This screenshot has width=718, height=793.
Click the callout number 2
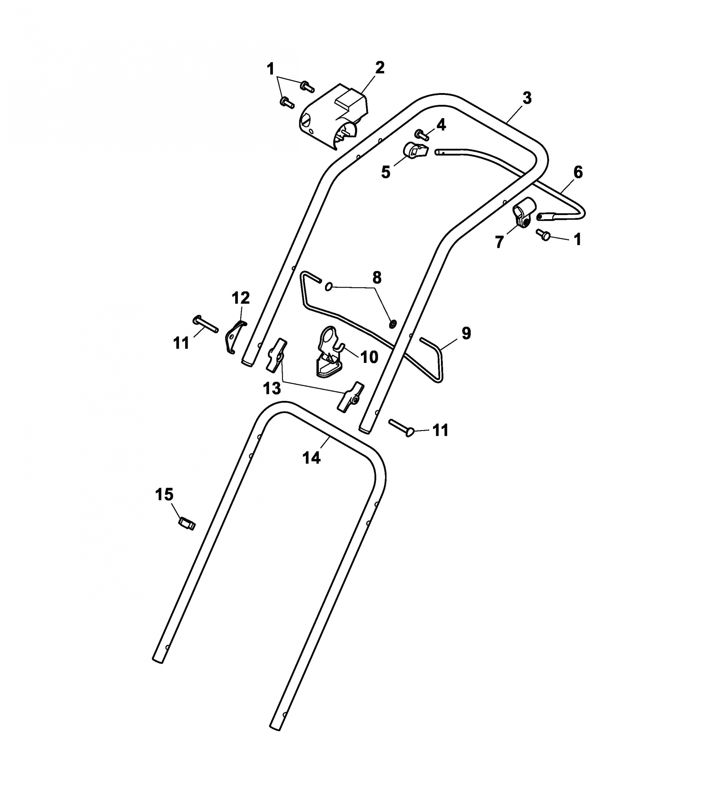coord(379,68)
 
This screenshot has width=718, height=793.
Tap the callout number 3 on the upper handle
coord(527,98)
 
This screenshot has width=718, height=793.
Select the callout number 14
coord(311,458)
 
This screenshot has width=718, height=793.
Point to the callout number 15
coord(164,495)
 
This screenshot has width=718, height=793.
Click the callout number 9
coord(466,333)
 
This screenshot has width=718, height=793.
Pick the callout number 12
coord(241,298)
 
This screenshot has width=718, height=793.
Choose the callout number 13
coord(272,389)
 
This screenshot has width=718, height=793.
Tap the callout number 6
coord(578,172)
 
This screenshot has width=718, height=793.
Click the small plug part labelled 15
coord(187,524)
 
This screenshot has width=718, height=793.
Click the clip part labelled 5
coord(415,151)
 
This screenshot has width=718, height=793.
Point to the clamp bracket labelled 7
coord(523,213)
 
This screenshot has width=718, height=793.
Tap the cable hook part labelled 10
coord(329,352)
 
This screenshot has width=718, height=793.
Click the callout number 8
coord(377,278)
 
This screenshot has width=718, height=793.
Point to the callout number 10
coord(369,357)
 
